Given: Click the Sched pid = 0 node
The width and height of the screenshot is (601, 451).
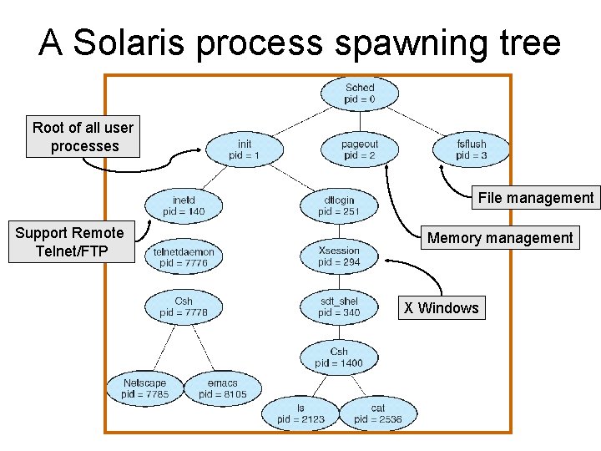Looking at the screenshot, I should click(x=360, y=94).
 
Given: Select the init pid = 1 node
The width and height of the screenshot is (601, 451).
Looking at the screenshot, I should click(x=244, y=150).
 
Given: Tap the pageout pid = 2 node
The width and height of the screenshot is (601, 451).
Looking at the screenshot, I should click(x=360, y=150).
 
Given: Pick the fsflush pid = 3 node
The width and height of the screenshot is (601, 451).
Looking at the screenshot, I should click(x=472, y=150).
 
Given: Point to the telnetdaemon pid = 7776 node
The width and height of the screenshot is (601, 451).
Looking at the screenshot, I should click(x=184, y=257).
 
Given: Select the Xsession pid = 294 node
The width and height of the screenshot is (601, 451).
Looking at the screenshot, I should click(x=339, y=256).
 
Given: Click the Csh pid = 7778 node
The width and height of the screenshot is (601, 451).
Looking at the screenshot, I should click(x=184, y=307).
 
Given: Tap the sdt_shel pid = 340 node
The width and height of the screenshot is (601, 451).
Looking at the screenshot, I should click(x=339, y=307).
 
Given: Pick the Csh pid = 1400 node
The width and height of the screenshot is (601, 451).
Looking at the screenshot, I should click(x=339, y=357).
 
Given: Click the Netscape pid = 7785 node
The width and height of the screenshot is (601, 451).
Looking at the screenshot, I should click(x=144, y=388).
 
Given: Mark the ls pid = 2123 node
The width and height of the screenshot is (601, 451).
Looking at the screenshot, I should click(x=300, y=413).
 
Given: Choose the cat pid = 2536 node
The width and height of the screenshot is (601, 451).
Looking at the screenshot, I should click(x=377, y=413).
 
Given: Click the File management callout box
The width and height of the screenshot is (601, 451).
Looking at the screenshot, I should click(x=536, y=198).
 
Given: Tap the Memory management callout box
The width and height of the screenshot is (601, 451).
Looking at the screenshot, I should click(x=500, y=238).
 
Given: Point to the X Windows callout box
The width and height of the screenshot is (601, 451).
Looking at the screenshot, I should click(x=442, y=308).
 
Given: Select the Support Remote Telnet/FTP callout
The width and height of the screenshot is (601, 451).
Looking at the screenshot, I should click(x=70, y=242).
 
